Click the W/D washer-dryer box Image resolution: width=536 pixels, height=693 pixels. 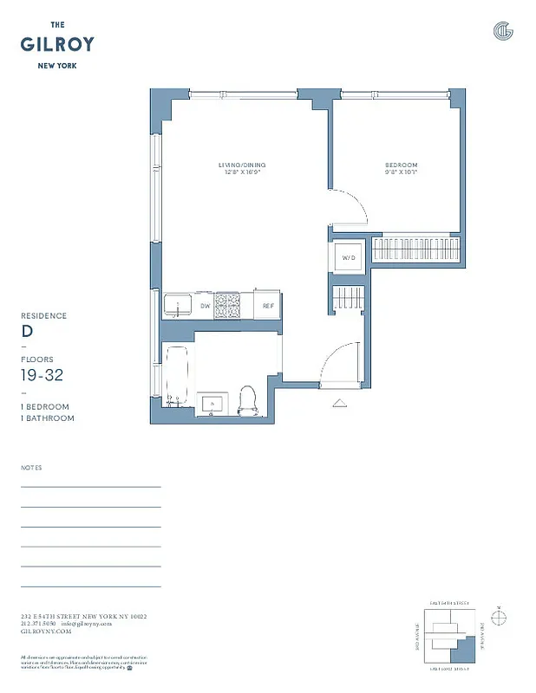click(x=350, y=257)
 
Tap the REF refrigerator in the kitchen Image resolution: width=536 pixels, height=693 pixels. click(x=268, y=306)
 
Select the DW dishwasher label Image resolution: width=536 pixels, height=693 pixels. click(x=205, y=306)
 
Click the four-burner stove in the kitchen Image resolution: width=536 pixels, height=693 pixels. click(x=227, y=305)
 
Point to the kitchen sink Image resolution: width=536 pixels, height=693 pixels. click(x=178, y=305)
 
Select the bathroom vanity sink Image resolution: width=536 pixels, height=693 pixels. click(x=211, y=403)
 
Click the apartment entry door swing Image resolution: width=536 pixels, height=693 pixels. click(x=340, y=362)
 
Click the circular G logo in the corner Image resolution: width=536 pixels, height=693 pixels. click(x=503, y=31)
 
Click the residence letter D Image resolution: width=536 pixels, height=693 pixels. click(x=26, y=331)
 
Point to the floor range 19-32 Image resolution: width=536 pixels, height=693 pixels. click(x=42, y=374)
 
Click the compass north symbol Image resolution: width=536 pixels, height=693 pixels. click(x=499, y=617)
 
